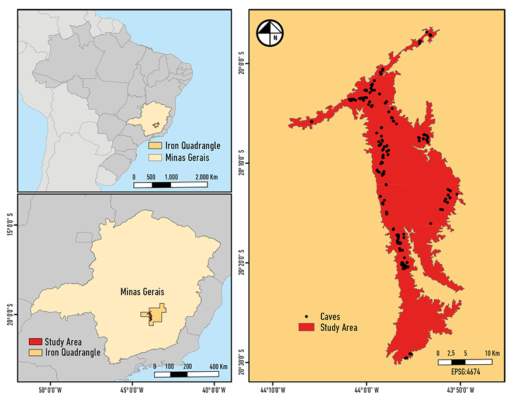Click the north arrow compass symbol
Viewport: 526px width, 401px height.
[x=269, y=33]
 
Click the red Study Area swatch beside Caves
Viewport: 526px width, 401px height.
[x=307, y=327]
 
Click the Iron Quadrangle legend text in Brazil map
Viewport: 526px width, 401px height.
[x=193, y=146]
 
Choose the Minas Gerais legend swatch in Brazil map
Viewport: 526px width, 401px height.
[x=155, y=157]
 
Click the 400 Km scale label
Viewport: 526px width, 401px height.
[x=219, y=366]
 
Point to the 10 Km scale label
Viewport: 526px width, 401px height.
[x=492, y=354]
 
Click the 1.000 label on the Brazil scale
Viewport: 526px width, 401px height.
[x=171, y=177]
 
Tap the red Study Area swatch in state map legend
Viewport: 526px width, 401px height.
[x=35, y=342]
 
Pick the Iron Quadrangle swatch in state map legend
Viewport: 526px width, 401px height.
[x=35, y=352]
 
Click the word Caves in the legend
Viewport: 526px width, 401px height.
[x=330, y=317]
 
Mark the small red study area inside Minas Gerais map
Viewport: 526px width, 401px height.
[x=150, y=316]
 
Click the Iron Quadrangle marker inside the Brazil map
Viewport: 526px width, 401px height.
[x=156, y=125]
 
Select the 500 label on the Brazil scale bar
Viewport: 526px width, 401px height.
[x=151, y=177]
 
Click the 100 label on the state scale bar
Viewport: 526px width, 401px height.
[x=170, y=366]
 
